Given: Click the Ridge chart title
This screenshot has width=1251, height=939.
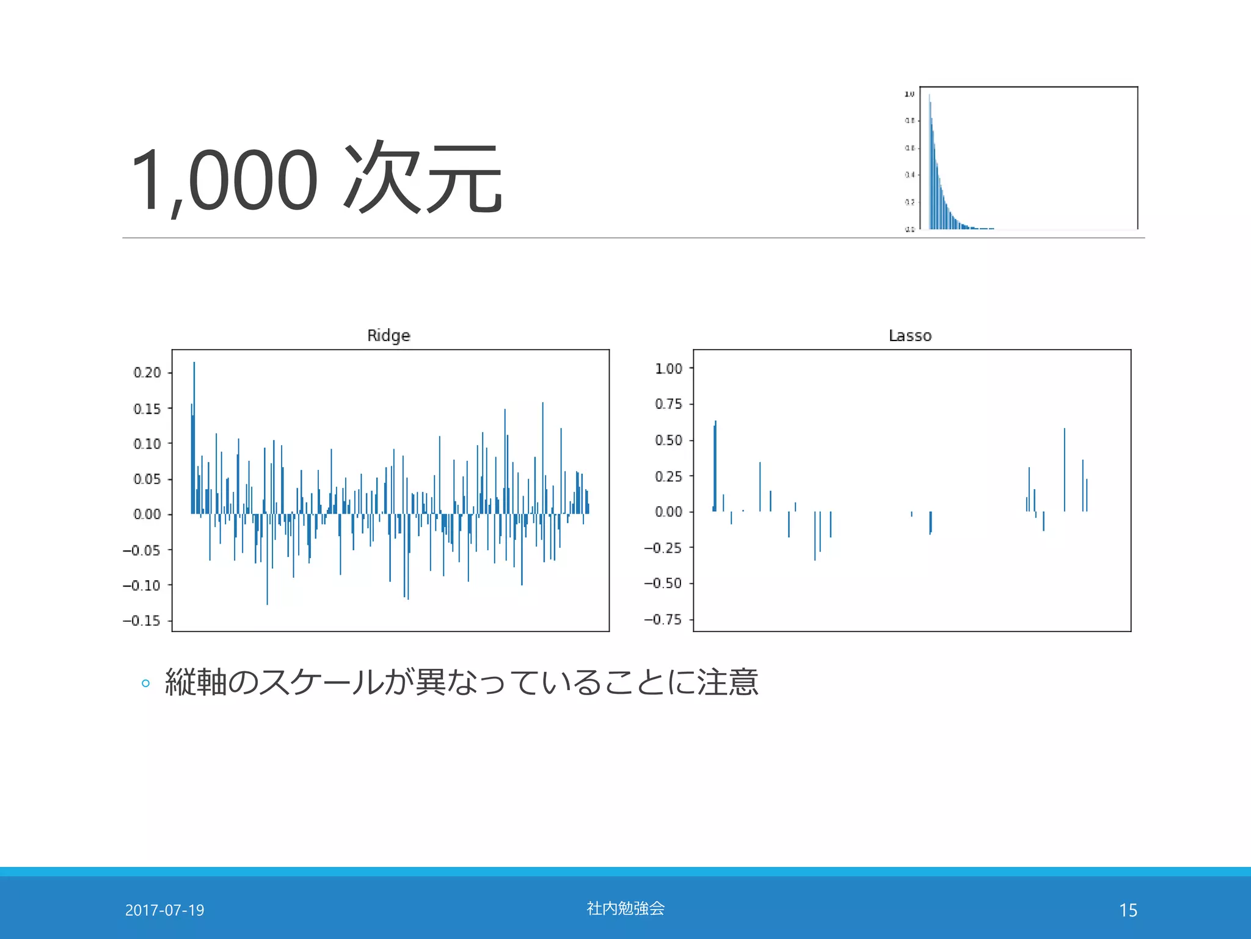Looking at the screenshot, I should tap(388, 335).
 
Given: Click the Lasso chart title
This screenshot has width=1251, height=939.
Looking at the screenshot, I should tap(910, 335).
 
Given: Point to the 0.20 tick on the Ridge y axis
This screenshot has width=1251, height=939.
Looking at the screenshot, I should tap(147, 372).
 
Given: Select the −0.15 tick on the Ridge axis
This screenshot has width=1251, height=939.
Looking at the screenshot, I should tap(142, 620).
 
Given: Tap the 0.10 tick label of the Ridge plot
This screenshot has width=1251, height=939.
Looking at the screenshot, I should tap(147, 443).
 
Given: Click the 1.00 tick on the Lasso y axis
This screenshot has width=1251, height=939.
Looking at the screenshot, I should tap(668, 368).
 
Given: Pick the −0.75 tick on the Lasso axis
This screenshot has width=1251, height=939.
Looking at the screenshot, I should tap(663, 619).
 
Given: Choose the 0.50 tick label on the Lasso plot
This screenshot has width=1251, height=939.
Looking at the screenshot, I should tap(668, 440).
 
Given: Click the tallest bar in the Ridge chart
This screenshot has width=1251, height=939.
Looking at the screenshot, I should tap(194, 428).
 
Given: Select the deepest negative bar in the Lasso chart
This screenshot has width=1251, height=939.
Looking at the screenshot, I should tap(814, 538).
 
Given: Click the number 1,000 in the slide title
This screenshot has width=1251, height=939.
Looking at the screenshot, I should tap(224, 180).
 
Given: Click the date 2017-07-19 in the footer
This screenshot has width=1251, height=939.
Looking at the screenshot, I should tap(164, 910).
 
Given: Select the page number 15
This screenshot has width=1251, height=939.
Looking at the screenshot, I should tap(1128, 910).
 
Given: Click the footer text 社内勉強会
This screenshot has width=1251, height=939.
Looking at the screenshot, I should tap(625, 908).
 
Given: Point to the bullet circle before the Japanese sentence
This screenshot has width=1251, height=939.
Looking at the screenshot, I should tap(145, 683).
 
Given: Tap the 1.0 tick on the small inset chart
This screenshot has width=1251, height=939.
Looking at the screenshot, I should tap(909, 94).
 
